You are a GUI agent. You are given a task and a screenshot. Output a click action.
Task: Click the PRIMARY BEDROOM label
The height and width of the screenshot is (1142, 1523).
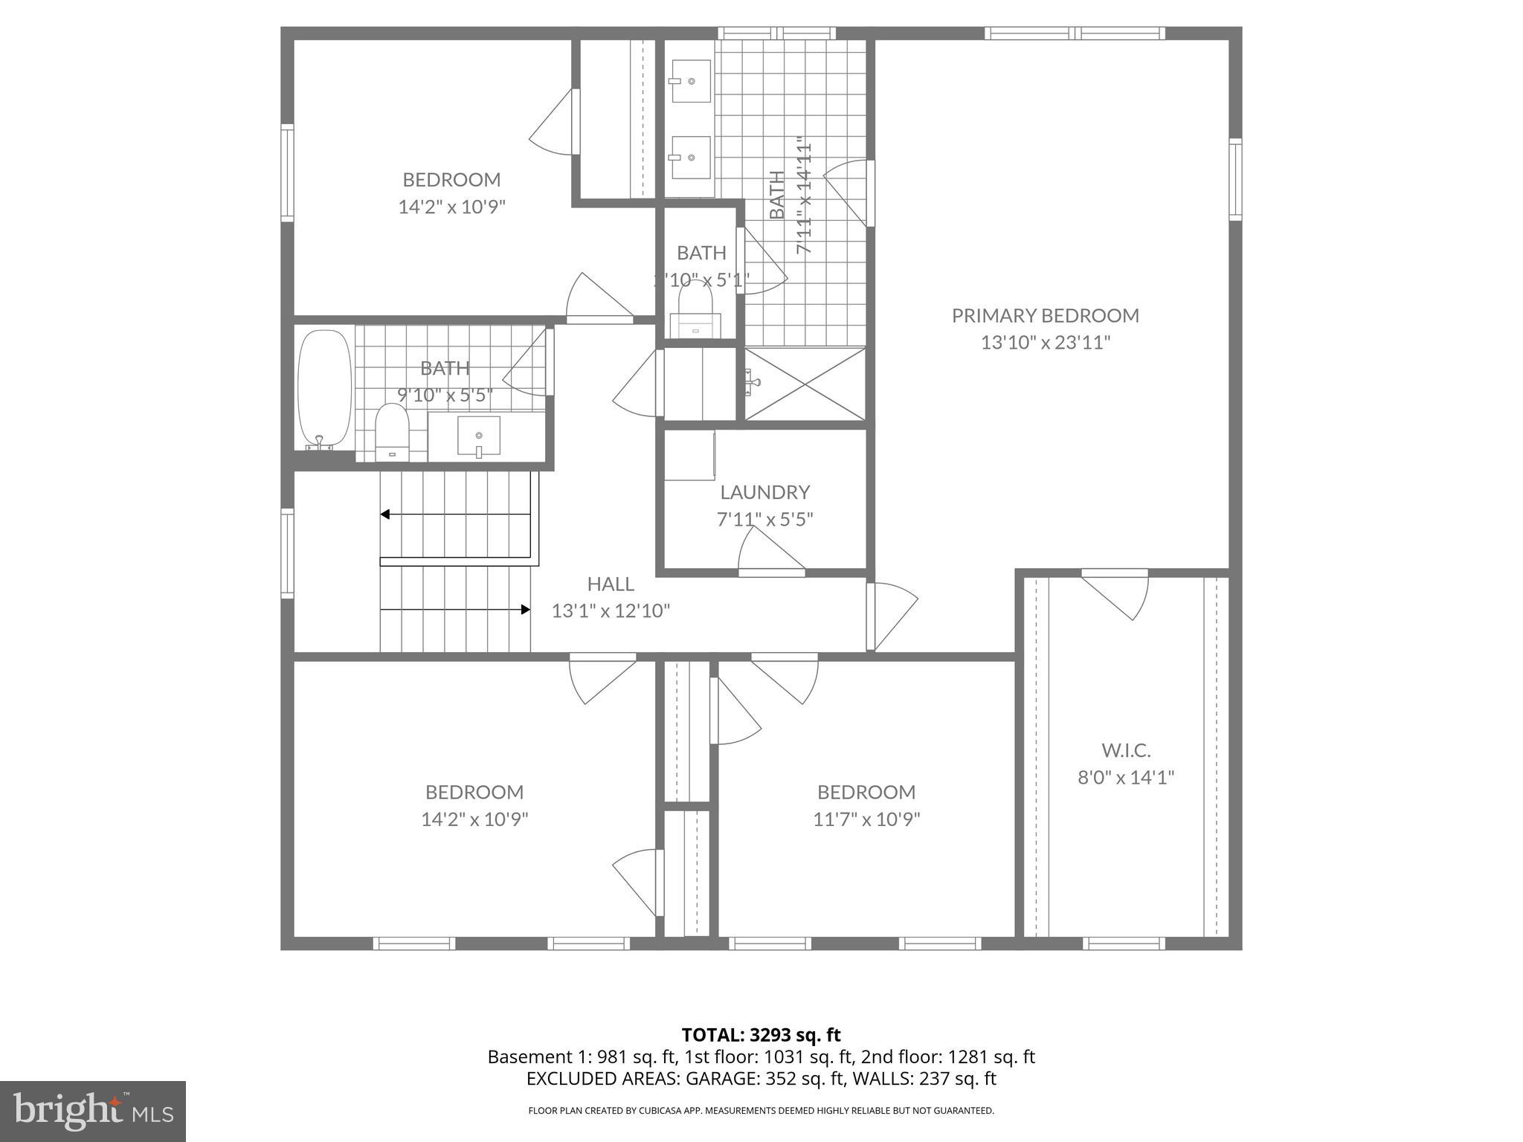[x=1045, y=315]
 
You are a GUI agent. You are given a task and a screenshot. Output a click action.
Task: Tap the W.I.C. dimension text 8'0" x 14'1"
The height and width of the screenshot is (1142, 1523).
[x=1126, y=778]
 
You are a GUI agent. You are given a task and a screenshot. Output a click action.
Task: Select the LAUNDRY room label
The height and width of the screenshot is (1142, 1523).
[x=764, y=492]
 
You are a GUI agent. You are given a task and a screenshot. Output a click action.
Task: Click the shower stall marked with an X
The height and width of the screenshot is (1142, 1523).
[x=805, y=384]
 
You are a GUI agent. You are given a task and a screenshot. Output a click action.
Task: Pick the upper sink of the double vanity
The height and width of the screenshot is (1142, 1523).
[x=690, y=80]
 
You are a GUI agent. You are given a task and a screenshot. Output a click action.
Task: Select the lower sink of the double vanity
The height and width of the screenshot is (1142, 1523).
[x=690, y=158]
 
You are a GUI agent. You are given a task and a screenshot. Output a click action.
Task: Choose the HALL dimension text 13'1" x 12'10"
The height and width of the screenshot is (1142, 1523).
[x=611, y=611]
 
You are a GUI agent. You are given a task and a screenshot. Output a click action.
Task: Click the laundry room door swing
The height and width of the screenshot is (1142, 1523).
[x=770, y=549]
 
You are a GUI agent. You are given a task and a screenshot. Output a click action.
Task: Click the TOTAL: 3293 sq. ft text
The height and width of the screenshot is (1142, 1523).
[x=761, y=1035]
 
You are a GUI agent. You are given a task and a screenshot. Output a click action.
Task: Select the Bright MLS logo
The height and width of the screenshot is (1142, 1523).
[x=93, y=1111]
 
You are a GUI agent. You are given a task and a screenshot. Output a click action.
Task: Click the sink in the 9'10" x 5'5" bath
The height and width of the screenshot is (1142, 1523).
[x=478, y=436]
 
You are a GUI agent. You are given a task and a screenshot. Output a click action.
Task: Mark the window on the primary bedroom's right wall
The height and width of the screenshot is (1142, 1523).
[x=1235, y=179]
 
